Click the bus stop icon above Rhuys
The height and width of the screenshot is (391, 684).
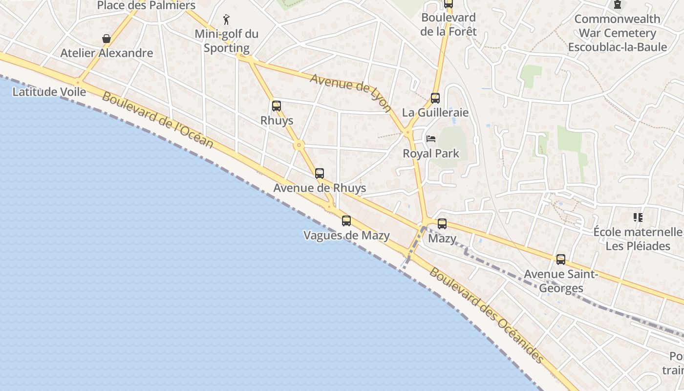click(277, 106)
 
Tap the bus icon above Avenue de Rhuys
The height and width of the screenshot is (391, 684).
click(320, 173)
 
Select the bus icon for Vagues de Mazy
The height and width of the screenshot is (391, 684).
click(346, 220)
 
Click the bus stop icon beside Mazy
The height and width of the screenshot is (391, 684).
click(442, 224)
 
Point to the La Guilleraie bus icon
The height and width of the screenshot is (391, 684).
click(435, 98)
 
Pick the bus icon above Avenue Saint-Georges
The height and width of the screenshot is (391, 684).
click(561, 260)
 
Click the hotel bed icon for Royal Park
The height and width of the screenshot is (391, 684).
click(431, 139)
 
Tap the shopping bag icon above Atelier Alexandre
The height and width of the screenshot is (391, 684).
click(106, 38)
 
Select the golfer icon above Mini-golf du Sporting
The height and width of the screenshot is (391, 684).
click(226, 20)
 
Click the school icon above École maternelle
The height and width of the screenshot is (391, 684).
click(638, 217)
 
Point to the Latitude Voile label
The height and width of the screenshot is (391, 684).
click(49, 92)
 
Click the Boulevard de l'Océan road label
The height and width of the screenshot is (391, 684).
click(158, 120)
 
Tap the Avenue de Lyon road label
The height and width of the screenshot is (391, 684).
click(351, 92)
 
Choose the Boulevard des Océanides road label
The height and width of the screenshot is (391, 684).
click(486, 315)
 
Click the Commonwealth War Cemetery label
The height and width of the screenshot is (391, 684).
click(618, 33)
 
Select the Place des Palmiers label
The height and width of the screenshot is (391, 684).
click(147, 5)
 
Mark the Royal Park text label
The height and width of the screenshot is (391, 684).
click(431, 153)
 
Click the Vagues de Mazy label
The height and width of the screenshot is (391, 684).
click(346, 236)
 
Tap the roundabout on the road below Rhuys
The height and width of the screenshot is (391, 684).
click(299, 145)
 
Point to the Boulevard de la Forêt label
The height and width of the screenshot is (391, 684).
click(448, 24)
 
